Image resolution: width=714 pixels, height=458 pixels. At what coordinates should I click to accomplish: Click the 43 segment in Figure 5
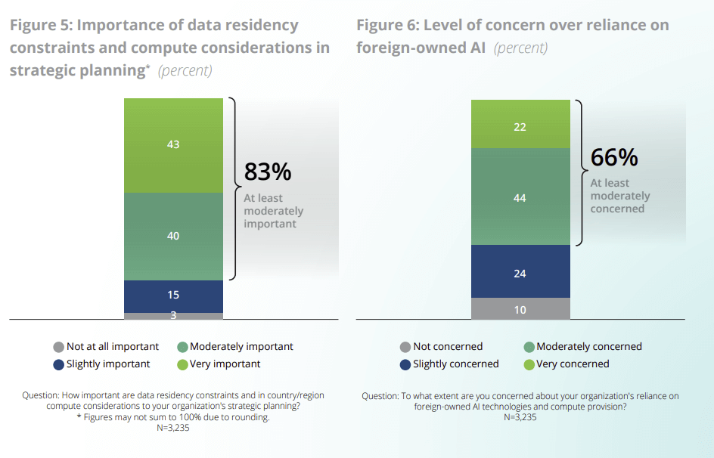[173, 144]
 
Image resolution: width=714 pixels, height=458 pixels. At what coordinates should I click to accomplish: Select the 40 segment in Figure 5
[173, 236]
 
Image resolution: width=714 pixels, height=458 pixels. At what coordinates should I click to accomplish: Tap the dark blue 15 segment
[173, 296]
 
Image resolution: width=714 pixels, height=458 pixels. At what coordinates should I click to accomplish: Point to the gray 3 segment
[173, 315]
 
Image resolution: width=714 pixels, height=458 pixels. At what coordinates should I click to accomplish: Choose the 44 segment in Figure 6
[520, 197]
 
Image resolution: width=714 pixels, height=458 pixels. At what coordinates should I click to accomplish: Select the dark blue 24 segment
[520, 271]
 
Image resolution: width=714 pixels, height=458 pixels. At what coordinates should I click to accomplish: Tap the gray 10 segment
[520, 308]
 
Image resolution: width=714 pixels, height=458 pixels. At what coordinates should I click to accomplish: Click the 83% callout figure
[267, 172]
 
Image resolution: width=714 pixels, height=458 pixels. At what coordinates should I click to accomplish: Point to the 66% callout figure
[614, 157]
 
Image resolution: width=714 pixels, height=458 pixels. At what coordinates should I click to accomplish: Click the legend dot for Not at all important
[58, 347]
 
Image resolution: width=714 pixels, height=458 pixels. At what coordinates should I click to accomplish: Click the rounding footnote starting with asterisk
[173, 417]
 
